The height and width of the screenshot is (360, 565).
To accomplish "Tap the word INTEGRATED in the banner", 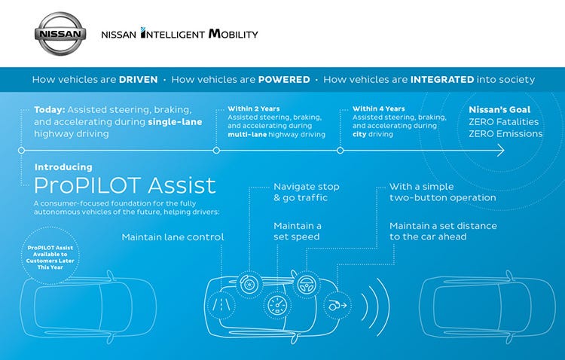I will [442, 79].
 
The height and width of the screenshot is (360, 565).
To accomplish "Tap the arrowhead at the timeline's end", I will [499, 151].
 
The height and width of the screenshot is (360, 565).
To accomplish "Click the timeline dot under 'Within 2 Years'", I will [216, 151].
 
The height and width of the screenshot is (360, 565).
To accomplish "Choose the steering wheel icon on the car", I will [305, 285].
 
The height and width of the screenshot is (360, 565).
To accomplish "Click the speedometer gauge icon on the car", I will [276, 307].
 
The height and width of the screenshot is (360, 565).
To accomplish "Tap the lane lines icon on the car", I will [224, 306].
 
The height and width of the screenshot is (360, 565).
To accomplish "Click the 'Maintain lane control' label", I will [173, 237].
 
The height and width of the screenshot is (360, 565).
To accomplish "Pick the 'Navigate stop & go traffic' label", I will [306, 192].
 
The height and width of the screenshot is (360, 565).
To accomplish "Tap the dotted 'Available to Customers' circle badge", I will [50, 258].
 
